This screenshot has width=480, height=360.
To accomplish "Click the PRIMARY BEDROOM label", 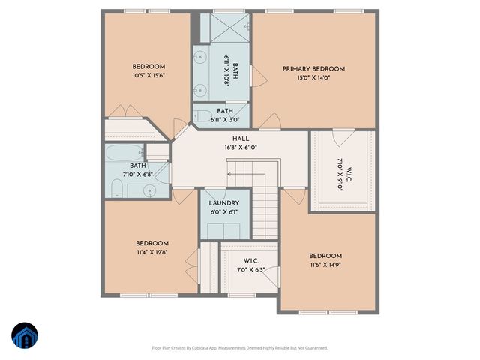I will pos(313,69).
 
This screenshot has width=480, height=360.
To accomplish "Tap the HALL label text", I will pos(240,139).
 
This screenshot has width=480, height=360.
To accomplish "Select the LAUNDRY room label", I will pos(224,203).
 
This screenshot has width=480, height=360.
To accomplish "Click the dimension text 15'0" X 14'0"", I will pos(313,78).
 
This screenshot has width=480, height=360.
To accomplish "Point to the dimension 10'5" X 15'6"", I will pos(148,75).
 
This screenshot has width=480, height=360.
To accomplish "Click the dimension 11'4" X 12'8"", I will pos(151,253).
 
